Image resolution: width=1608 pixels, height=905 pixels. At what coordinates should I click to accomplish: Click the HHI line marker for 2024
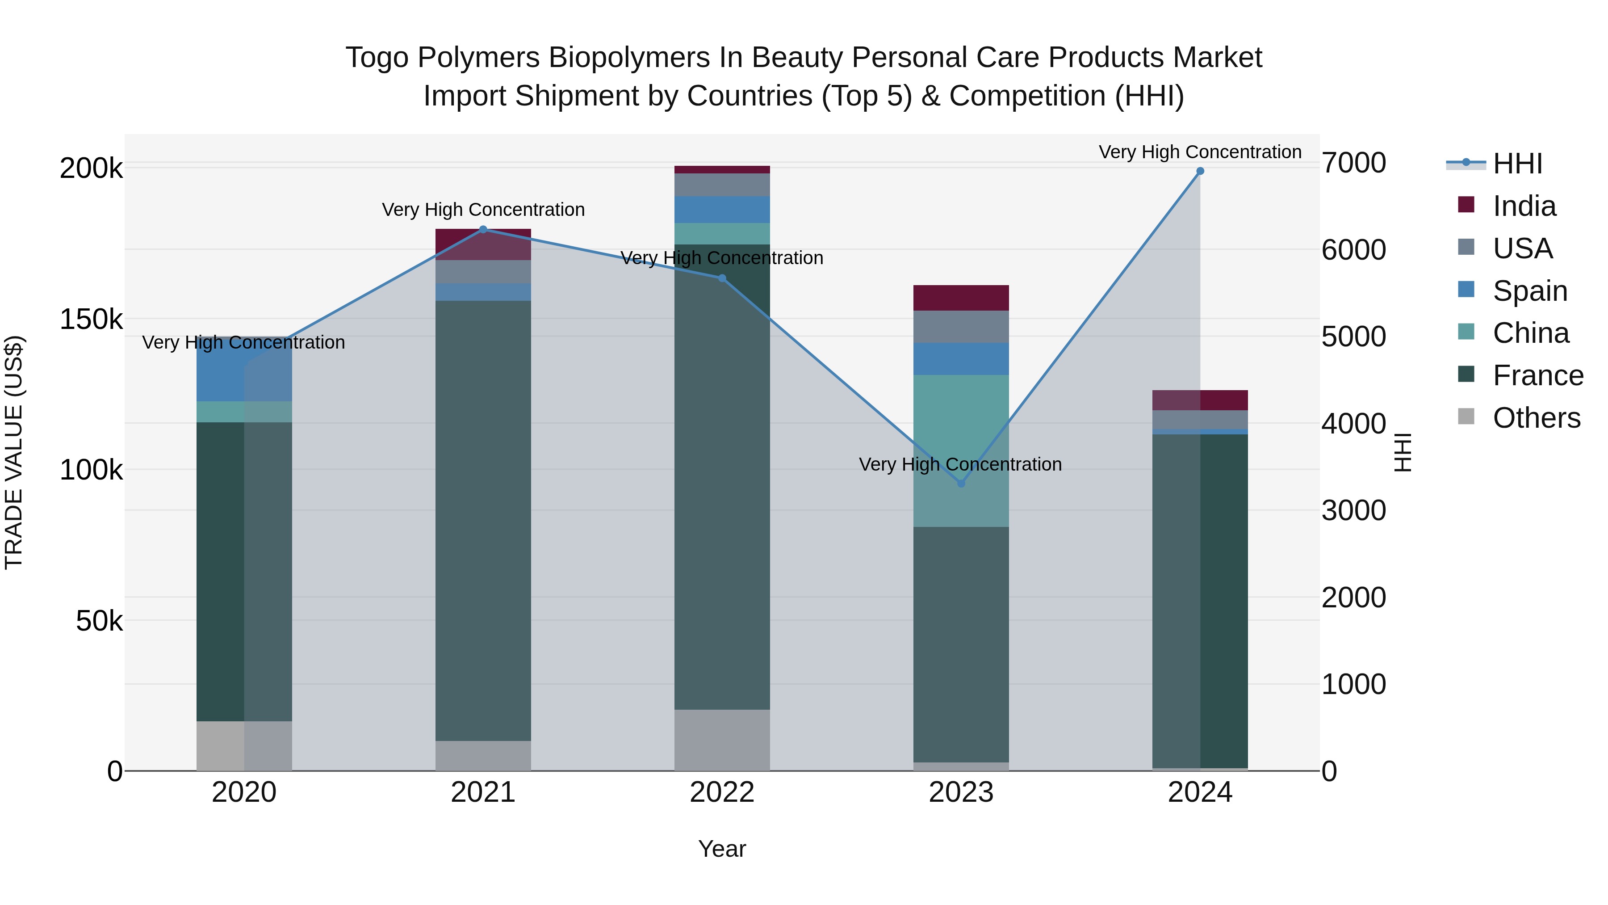[1200, 171]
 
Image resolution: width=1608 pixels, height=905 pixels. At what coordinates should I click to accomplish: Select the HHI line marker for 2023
[961, 484]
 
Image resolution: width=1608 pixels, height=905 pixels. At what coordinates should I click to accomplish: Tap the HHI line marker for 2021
[483, 229]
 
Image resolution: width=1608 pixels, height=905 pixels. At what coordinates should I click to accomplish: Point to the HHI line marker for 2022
[722, 278]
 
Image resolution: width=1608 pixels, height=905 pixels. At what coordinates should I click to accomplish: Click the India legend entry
[1524, 206]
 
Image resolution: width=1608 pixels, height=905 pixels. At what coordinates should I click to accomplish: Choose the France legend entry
[1537, 375]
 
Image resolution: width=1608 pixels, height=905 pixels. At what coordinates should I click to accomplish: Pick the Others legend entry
[1536, 418]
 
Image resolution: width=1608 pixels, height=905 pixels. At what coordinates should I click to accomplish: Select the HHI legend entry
[1517, 164]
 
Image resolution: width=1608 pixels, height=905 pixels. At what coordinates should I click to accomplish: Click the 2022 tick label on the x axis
[722, 792]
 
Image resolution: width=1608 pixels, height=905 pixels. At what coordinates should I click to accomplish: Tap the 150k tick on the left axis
[91, 319]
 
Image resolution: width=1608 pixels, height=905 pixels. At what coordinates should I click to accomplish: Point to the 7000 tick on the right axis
[1353, 163]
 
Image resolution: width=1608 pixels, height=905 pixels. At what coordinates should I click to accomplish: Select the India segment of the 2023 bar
[961, 298]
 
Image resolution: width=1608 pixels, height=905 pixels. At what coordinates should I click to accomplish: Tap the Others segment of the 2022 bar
[722, 740]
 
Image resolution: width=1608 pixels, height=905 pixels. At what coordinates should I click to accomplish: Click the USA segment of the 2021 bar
[483, 271]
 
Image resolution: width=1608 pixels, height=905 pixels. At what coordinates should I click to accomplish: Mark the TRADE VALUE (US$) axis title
[14, 452]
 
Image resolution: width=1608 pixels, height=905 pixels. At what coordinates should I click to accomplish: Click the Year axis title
[722, 849]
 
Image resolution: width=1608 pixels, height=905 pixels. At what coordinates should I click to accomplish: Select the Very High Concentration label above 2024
[1200, 152]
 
